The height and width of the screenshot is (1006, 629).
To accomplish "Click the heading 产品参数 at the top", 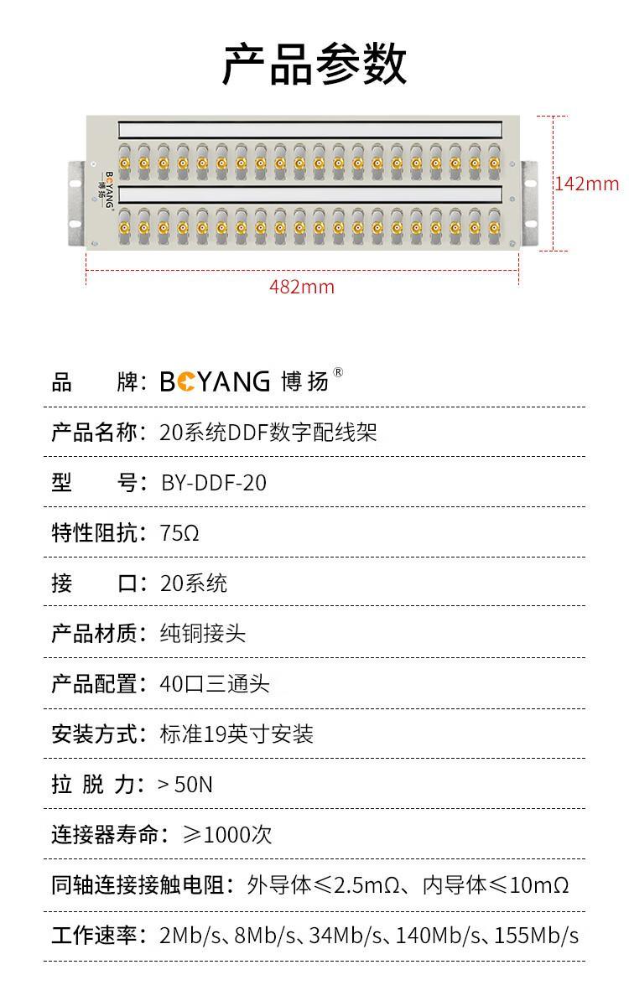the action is [x=314, y=64].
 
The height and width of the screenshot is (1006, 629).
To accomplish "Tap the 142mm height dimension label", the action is [x=587, y=184].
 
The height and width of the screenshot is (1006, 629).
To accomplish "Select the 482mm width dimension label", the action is [x=302, y=287].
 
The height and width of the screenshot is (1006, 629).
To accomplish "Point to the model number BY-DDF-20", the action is [x=214, y=483].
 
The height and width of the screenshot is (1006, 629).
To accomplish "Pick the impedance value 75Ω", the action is [x=179, y=533].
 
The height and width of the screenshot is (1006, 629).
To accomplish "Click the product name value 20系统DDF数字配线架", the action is [x=268, y=433].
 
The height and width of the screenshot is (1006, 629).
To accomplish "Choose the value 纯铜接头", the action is [x=203, y=634].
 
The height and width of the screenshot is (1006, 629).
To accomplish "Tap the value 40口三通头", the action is [x=215, y=684].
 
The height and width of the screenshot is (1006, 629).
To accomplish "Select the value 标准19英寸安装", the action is [x=237, y=734].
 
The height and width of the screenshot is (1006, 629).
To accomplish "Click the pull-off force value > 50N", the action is [x=185, y=785].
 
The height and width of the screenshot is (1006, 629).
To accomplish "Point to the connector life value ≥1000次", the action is [x=227, y=835].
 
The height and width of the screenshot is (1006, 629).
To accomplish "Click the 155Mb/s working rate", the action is [x=537, y=936].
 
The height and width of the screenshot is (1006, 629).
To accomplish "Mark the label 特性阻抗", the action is [x=94, y=533].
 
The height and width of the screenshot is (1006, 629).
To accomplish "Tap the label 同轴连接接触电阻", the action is [x=138, y=885].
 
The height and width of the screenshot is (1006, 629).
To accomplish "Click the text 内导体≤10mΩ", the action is [x=496, y=885].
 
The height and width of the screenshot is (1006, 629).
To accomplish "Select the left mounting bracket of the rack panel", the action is [x=76, y=204].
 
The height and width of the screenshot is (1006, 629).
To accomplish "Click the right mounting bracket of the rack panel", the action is [x=529, y=204].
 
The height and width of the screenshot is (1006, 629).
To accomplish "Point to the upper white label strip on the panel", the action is [x=310, y=130].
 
